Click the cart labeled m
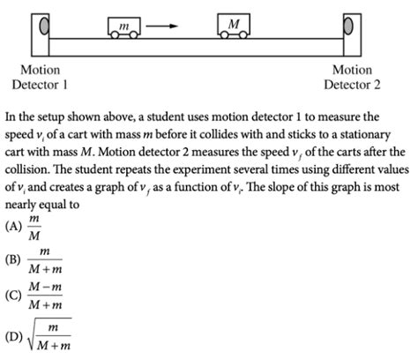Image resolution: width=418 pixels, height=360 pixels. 124,27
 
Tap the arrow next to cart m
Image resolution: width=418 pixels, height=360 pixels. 162,26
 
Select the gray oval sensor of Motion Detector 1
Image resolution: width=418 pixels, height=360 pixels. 44,26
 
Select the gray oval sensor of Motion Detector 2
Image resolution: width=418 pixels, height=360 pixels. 348,26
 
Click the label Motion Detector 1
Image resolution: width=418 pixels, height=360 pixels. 40,78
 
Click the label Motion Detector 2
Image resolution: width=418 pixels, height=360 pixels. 352,78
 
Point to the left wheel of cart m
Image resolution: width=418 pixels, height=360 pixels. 115,35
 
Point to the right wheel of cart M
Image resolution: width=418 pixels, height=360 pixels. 243,35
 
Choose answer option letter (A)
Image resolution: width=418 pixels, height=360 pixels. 13,226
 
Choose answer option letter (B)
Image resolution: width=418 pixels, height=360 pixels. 13,259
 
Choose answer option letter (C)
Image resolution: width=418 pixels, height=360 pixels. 13,295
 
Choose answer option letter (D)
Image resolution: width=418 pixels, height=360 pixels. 13,337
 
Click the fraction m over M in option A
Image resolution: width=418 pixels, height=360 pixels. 34,227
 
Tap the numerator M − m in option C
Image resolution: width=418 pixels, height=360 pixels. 45,287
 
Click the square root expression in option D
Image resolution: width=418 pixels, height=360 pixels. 49,334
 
